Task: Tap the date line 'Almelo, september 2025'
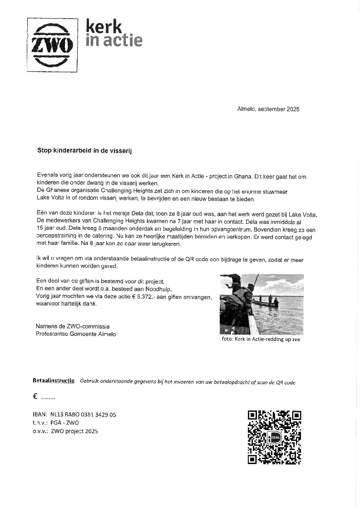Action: (x=268, y=109)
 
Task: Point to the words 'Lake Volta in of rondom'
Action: (x=63, y=199)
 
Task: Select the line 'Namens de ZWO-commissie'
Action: (x=73, y=326)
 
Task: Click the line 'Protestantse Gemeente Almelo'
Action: (x=76, y=334)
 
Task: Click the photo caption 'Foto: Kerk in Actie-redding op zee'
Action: (x=261, y=339)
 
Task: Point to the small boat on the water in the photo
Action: (x=266, y=303)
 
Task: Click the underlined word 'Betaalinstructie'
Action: (x=54, y=381)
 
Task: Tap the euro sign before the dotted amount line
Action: (x=35, y=396)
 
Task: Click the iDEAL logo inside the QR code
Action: (x=275, y=438)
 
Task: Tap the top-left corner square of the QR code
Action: (x=252, y=415)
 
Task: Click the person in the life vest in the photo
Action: (x=239, y=300)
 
